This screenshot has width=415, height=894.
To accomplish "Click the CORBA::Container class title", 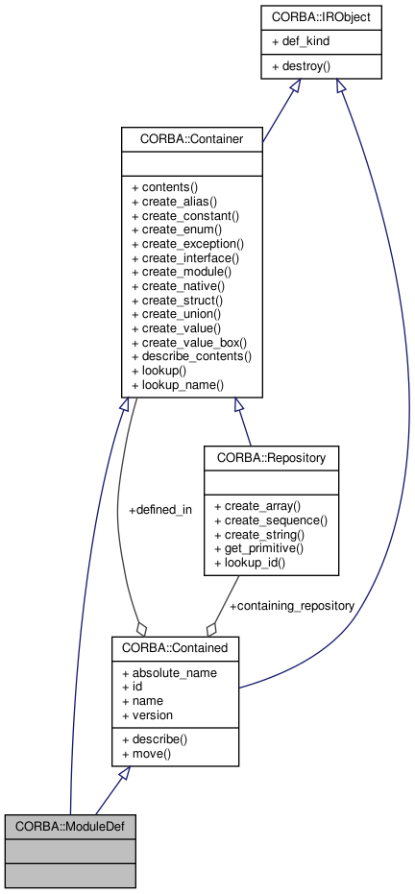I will [x=192, y=139].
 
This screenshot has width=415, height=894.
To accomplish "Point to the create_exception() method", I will [x=186, y=244].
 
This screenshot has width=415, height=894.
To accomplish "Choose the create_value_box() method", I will [x=189, y=342].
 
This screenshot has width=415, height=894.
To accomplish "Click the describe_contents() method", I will [x=191, y=356].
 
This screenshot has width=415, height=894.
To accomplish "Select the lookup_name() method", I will [x=177, y=384].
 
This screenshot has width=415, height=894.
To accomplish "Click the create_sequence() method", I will [x=271, y=519].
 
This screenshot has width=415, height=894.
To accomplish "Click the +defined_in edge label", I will [x=159, y=510].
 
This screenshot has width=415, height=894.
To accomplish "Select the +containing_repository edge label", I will [x=291, y=606].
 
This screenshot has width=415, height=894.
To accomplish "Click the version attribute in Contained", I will [x=147, y=714].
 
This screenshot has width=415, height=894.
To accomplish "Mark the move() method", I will [x=145, y=754].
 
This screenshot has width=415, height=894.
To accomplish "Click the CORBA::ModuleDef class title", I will [x=70, y=825].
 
